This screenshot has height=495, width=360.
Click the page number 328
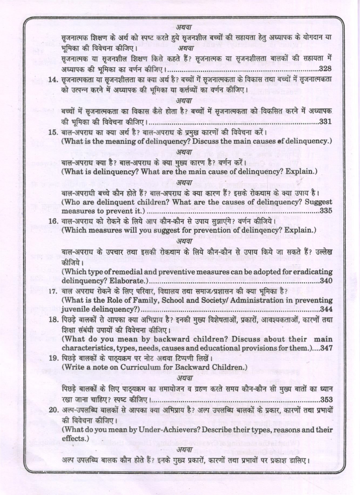pyautogui.click(x=325, y=69)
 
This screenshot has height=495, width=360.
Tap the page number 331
pyautogui.click(x=325, y=122)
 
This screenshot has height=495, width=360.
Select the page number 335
pyautogui.click(x=326, y=211)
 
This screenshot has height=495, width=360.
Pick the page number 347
pyautogui.click(x=326, y=348)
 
